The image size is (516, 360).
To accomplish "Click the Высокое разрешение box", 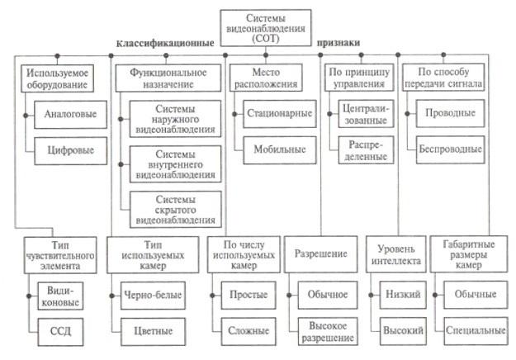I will coord(323,332).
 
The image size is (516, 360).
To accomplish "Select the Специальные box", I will coord(473,331).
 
